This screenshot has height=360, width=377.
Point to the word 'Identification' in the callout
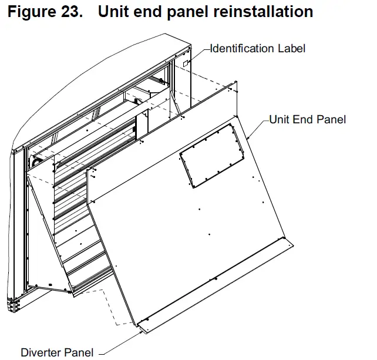pyautogui.click(x=242, y=49)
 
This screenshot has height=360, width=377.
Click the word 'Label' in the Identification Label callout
pyautogui.click(x=291, y=49)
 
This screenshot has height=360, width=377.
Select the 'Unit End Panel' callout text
pyautogui.click(x=307, y=120)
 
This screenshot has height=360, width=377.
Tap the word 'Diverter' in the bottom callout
pyautogui.click(x=41, y=352)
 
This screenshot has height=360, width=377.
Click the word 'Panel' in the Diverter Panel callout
pyautogui.click(x=79, y=352)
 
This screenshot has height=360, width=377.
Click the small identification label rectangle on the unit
pyautogui.click(x=186, y=62)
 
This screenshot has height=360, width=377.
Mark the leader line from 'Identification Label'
pyautogui.click(x=201, y=53)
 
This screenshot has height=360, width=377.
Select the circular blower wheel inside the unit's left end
pyautogui.click(x=35, y=160)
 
